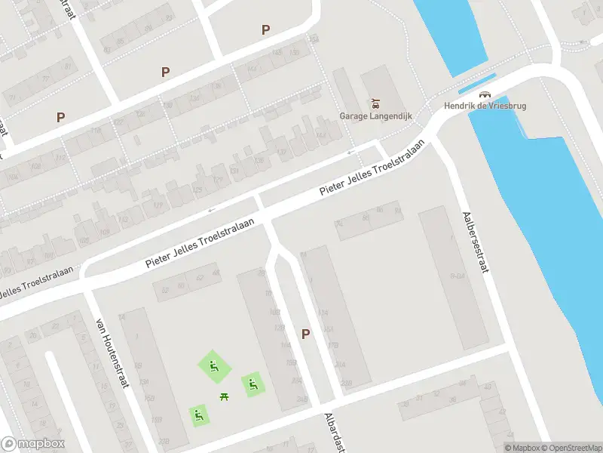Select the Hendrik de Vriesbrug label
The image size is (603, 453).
495,106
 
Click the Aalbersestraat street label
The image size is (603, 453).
475,245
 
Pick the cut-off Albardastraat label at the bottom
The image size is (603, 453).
334,433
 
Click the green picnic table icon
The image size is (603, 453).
224,396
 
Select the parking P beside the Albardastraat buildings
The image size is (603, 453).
305,334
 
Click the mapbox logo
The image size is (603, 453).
33,443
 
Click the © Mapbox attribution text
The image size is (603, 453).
522,448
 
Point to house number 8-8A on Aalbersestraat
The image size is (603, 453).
456,277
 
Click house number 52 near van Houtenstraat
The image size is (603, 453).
165,289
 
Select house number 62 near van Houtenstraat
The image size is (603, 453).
200,278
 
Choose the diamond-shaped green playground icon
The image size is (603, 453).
213,367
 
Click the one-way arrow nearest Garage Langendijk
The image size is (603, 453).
351,153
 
